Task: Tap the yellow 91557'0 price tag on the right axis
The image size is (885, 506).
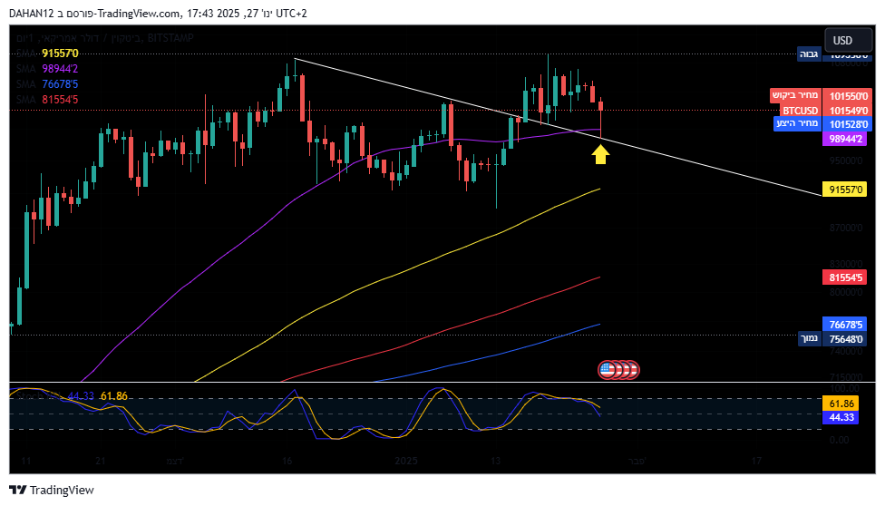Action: point(848,190)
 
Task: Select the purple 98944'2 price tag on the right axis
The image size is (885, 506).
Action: point(848,139)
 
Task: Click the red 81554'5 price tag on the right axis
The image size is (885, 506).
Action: point(848,277)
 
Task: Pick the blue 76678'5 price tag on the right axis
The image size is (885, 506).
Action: point(848,324)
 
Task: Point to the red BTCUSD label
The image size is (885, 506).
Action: point(801,110)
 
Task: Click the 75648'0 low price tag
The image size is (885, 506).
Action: point(848,338)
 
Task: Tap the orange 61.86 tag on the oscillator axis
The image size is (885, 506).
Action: point(842,403)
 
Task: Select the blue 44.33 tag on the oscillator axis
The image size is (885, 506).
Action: point(842,417)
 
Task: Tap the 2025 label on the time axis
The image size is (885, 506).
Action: point(407,462)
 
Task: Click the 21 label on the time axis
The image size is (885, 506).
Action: point(102,462)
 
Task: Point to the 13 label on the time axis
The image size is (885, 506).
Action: point(496,462)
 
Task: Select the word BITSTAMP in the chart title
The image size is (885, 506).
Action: point(170,38)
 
